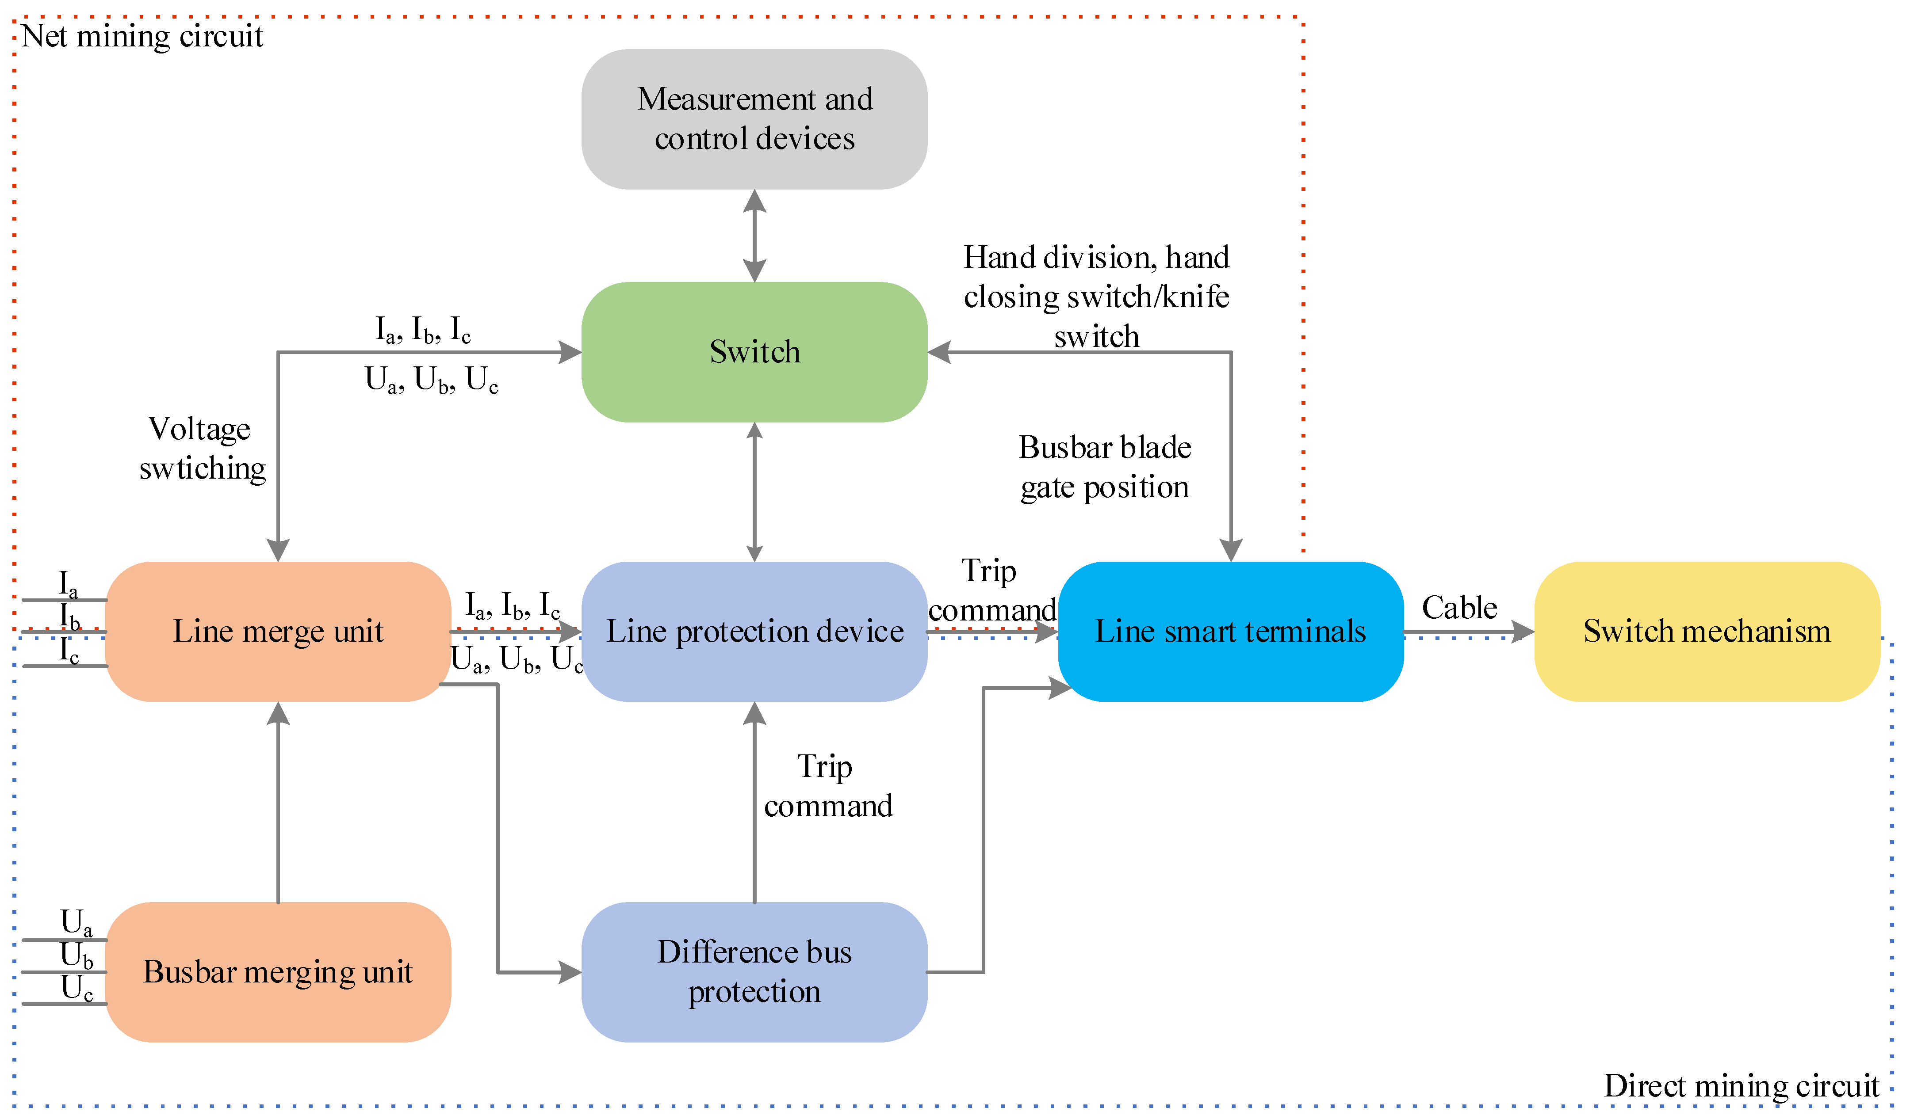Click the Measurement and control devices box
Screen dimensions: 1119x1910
click(754, 119)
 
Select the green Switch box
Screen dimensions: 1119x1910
click(754, 351)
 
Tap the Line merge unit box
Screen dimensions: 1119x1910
click(278, 631)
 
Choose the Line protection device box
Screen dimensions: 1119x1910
click(754, 631)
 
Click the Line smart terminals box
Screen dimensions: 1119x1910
click(1230, 631)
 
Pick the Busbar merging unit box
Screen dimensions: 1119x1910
click(278, 971)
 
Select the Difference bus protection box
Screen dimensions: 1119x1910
click(754, 971)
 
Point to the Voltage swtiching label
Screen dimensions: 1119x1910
click(202, 449)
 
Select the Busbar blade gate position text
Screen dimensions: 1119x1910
click(1104, 467)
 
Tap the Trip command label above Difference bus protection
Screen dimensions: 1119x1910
click(828, 786)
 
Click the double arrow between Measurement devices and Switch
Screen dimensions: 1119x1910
click(754, 236)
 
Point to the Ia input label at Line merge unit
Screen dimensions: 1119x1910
click(68, 583)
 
